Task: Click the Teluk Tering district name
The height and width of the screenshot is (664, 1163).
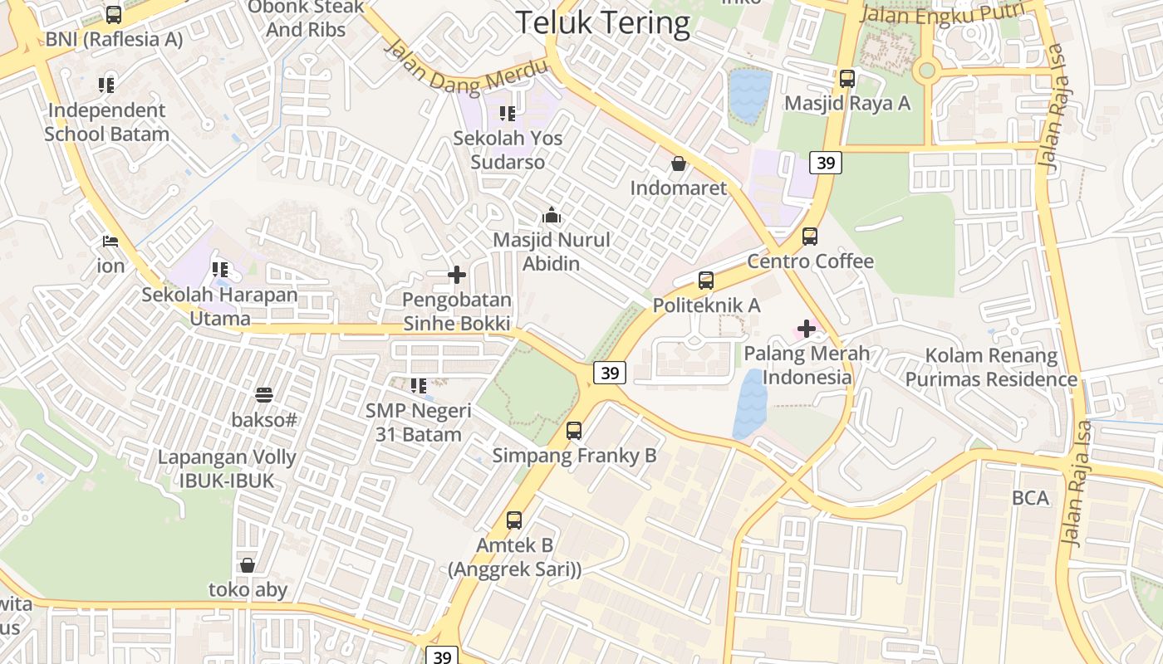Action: [x=602, y=22]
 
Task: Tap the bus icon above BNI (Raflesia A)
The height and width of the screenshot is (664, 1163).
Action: [x=114, y=14]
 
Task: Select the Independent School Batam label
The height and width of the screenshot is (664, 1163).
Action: [x=106, y=122]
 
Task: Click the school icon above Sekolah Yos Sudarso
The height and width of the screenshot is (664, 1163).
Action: [x=507, y=114]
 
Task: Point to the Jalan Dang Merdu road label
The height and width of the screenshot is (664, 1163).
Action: [x=465, y=68]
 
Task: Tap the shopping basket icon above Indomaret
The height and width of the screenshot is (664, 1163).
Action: [x=679, y=164]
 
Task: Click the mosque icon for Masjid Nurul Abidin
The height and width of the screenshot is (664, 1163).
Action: [x=552, y=216]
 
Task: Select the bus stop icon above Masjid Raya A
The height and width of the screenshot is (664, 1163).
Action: [x=847, y=79]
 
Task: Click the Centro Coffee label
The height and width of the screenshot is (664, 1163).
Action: [x=810, y=261]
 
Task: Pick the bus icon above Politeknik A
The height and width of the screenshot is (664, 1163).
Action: [x=706, y=281]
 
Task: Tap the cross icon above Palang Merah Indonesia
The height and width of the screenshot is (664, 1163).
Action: [x=806, y=329]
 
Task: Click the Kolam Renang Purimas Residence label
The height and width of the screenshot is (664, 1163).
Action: [x=991, y=368]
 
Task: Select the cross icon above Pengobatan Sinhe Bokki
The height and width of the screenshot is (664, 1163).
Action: [x=457, y=275]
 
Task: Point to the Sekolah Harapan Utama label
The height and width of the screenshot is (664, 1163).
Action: [x=219, y=306]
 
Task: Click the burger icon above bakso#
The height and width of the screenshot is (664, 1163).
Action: [x=264, y=394]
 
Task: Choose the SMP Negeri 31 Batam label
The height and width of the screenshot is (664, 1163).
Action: [x=419, y=422]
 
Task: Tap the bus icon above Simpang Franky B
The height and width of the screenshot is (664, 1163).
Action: [x=574, y=431]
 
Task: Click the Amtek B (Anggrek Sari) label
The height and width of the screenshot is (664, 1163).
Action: [x=515, y=557]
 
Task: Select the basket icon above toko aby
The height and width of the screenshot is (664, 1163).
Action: [x=248, y=566]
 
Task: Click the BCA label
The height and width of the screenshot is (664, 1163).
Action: [x=1030, y=498]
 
